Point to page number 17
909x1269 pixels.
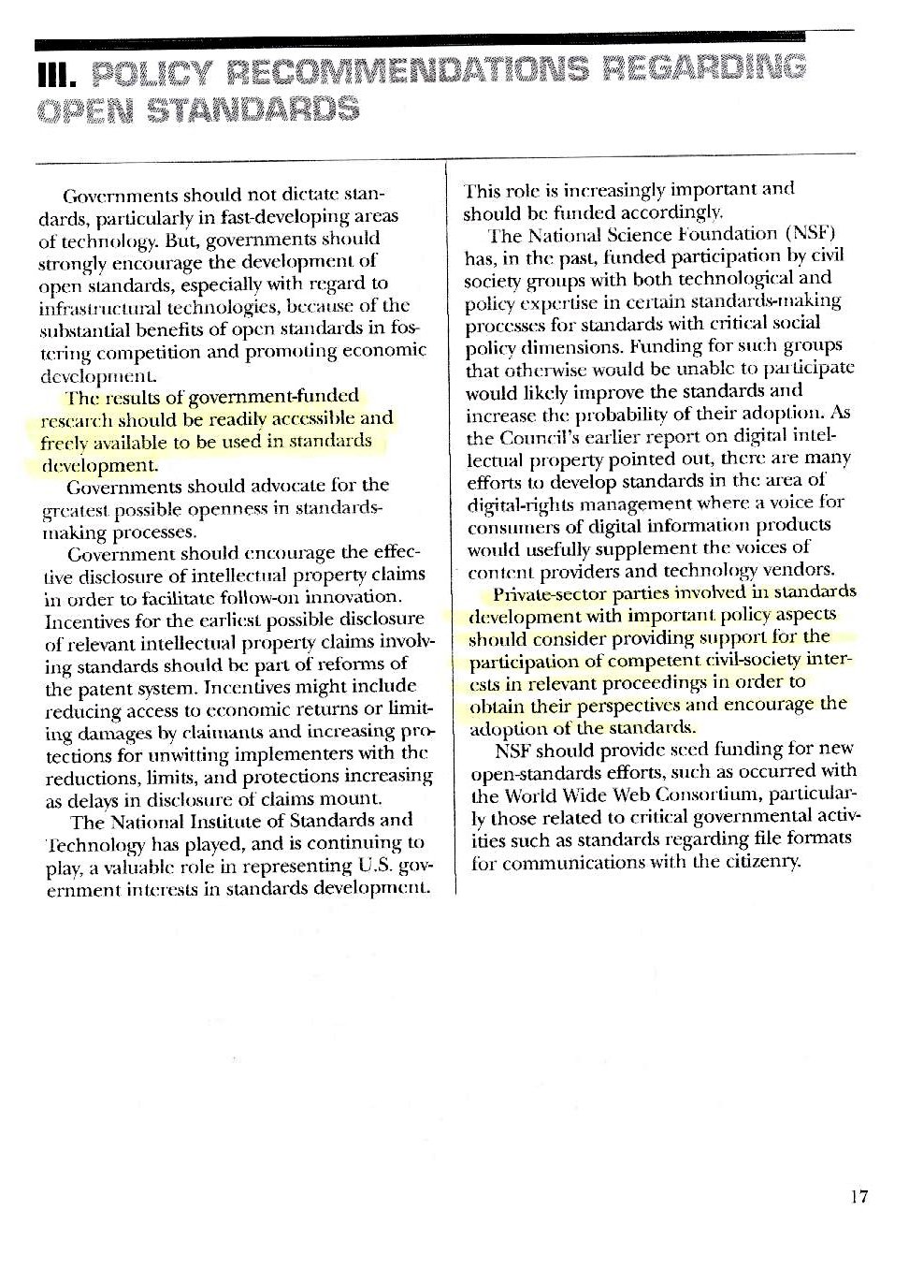pyautogui.click(x=859, y=1196)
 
